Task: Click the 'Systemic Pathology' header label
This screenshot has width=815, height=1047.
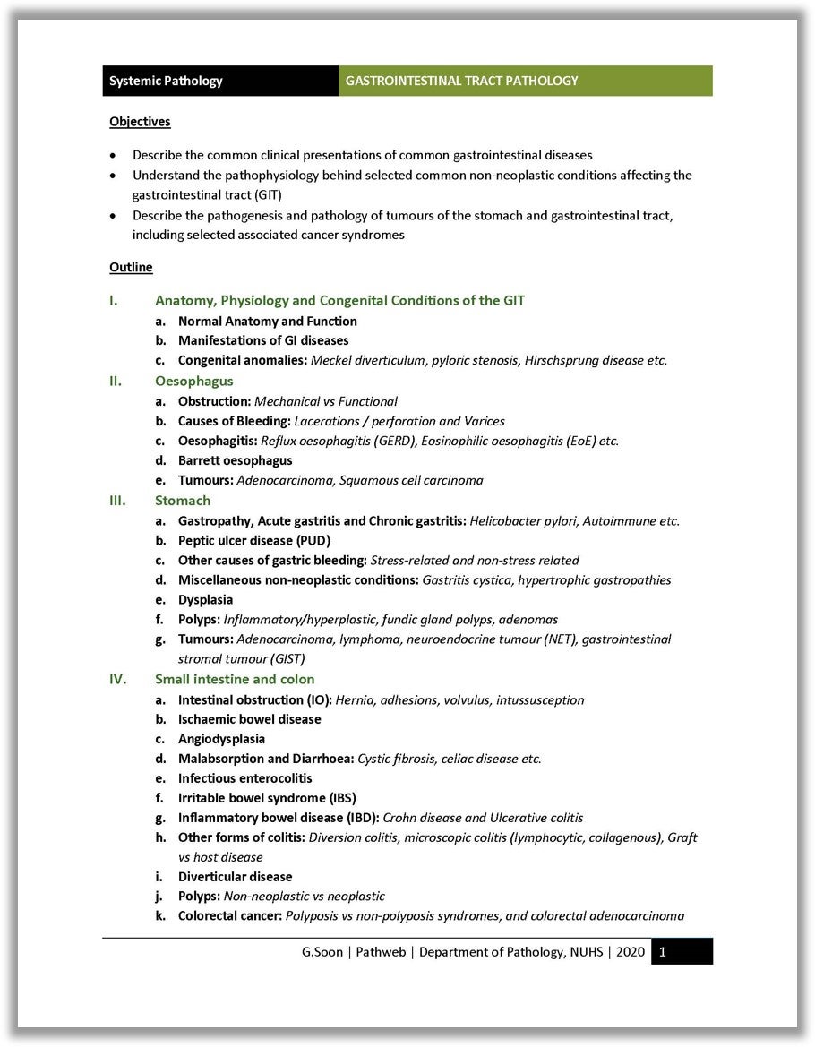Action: [x=166, y=81]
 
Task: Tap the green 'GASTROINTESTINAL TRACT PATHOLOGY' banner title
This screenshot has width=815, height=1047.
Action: [x=461, y=81]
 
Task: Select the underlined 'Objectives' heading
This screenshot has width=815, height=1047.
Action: [x=140, y=121]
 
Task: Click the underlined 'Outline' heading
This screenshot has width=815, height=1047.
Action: [x=131, y=267]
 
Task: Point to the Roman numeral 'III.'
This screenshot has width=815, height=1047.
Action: [x=117, y=500]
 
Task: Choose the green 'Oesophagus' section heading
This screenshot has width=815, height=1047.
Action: [x=193, y=381]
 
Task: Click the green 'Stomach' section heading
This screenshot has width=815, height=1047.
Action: [x=183, y=500]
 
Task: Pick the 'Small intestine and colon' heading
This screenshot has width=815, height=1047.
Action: [x=235, y=679]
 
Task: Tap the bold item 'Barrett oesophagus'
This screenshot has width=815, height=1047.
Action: [x=235, y=460]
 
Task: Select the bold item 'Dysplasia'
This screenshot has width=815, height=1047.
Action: [x=205, y=599]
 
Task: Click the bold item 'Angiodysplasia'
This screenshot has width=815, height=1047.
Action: [x=221, y=739]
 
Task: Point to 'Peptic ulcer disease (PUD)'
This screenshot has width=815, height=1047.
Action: [x=254, y=540]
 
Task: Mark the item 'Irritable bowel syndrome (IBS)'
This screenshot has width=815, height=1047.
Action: [x=267, y=798]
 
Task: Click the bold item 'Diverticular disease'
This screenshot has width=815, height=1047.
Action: [x=235, y=877]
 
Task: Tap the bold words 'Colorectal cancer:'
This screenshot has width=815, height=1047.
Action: [x=230, y=915]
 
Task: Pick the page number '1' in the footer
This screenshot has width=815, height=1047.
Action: [x=662, y=952]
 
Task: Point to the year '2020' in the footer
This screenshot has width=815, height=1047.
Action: [x=631, y=952]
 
